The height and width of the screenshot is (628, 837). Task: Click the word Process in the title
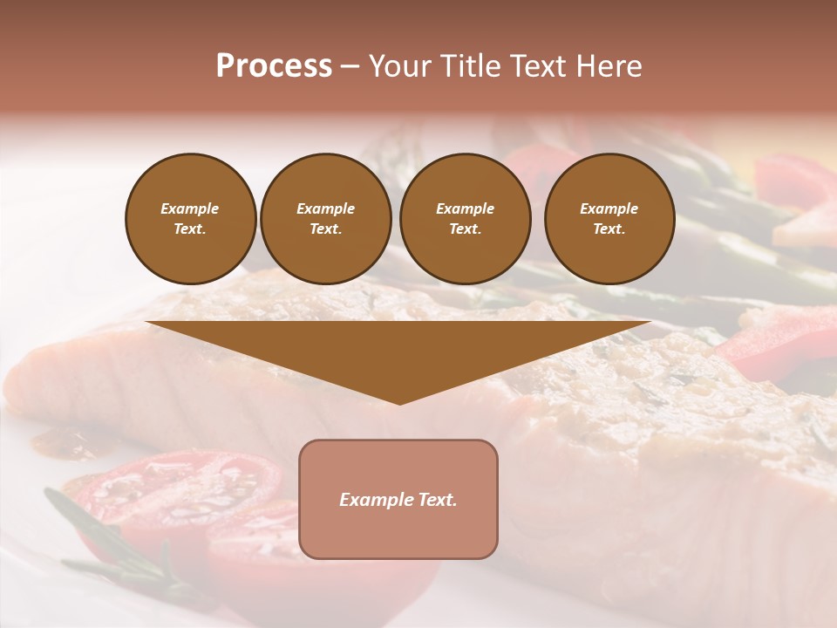pos(274,66)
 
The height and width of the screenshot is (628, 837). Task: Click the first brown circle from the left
pos(190,219)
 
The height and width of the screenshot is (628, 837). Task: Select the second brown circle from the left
pos(325,219)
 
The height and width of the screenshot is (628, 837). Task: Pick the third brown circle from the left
pos(465,219)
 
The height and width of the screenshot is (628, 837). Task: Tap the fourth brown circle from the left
pos(609,219)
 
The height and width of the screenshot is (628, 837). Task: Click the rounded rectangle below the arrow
pos(398,499)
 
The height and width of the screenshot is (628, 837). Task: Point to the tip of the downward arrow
pos(399,403)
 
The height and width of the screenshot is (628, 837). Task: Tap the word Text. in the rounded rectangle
pos(438,500)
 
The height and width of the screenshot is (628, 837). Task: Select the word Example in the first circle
pos(190,208)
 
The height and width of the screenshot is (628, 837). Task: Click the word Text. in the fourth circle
pos(609,229)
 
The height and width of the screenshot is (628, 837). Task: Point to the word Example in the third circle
pos(465,208)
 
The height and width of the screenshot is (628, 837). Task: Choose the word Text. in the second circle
pos(325,229)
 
